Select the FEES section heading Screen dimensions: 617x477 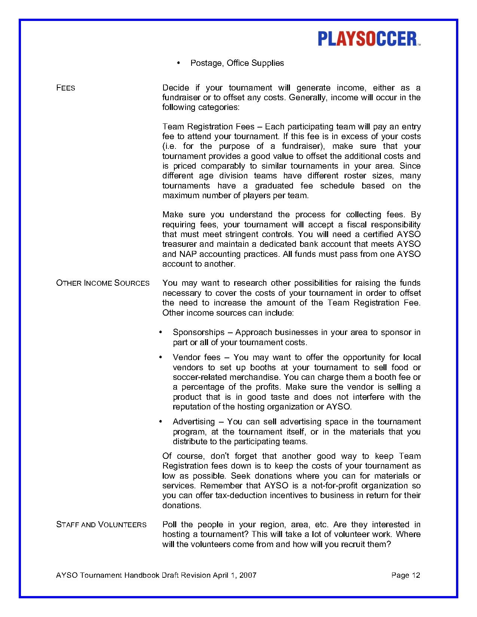(65, 88)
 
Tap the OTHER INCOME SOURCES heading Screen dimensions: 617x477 (103, 283)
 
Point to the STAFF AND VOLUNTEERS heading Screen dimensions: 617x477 (101, 525)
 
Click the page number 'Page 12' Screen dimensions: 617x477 (406, 575)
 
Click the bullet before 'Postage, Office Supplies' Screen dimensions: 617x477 (178, 63)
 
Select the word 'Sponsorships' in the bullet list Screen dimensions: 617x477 (199, 332)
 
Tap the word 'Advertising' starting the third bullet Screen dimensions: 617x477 (194, 422)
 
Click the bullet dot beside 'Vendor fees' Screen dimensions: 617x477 (160, 357)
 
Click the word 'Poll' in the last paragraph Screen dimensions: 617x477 (169, 525)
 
